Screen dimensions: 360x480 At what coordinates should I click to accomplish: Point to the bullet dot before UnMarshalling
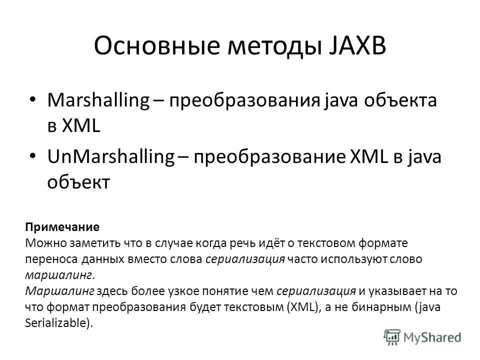[x=33, y=156]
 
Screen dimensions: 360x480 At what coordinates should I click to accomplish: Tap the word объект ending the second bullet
[x=77, y=182]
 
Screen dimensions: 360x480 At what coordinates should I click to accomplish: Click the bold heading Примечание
[x=62, y=226]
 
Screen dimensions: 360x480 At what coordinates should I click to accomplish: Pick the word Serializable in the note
[x=56, y=322]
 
